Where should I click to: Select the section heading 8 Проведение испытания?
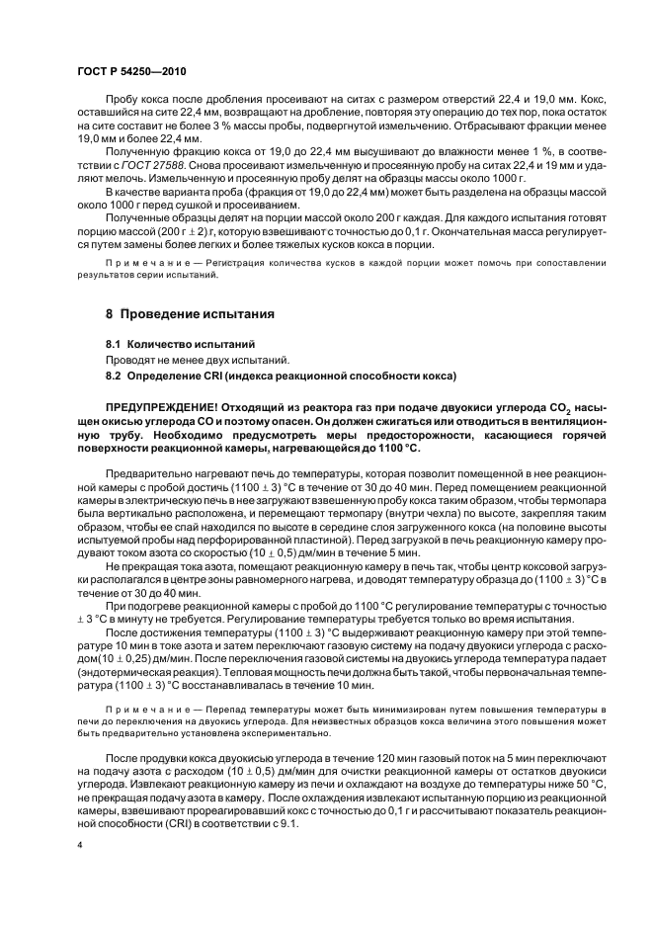191,314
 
